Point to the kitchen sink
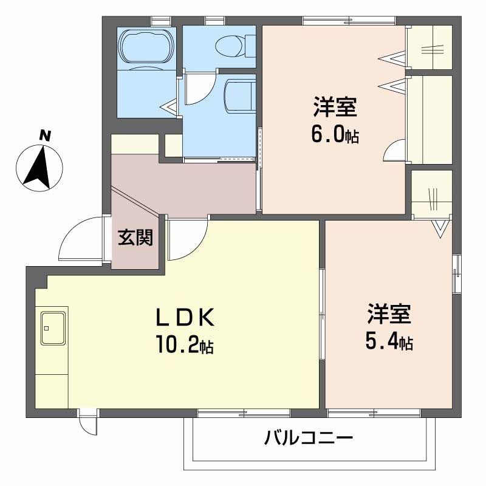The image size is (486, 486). click(x=54, y=327)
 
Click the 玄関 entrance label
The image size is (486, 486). click(x=135, y=238)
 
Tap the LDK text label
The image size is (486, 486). click(x=183, y=318)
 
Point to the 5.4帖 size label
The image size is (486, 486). click(x=389, y=343)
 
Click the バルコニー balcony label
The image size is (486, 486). click(x=309, y=437)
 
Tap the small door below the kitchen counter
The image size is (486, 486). click(x=89, y=423)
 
